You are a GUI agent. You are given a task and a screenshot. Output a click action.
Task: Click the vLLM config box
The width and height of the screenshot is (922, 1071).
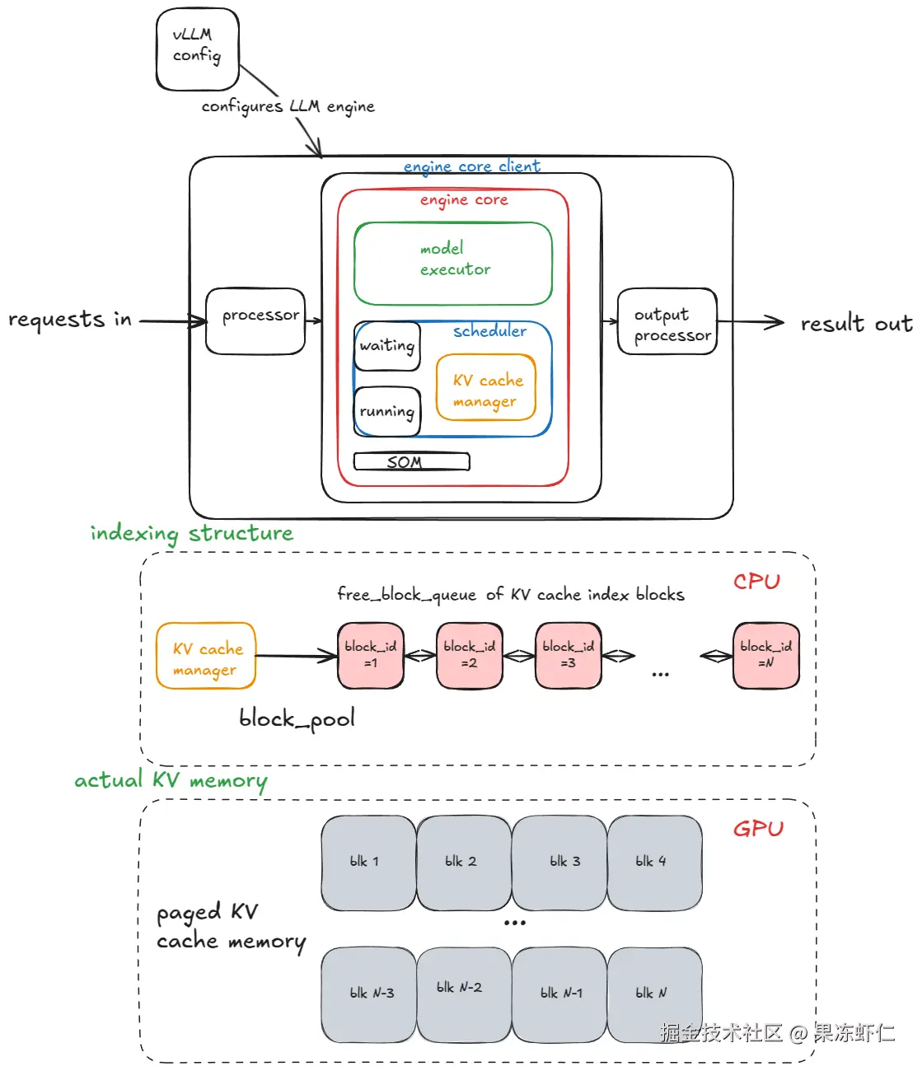point(198,49)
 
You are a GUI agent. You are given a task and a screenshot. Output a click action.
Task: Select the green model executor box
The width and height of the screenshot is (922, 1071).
point(453,263)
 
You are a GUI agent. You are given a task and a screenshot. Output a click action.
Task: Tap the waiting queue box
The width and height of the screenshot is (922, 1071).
point(387,346)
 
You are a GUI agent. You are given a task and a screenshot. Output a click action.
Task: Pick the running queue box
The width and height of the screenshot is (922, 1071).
point(387,411)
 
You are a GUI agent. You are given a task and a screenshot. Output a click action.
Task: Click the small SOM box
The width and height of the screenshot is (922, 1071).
point(411,461)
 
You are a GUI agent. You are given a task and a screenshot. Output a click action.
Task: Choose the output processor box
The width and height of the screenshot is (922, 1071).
point(667,321)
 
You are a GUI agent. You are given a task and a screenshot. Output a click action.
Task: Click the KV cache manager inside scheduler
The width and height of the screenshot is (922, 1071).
point(486,388)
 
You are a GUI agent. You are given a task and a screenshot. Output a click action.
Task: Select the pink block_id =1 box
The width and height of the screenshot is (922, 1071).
point(371,656)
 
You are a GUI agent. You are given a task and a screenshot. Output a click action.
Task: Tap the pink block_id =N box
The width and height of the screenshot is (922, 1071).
point(766,656)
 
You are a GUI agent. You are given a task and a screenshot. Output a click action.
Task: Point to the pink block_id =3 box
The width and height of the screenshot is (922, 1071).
point(569,656)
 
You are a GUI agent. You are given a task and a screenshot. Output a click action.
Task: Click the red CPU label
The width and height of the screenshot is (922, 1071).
point(756,582)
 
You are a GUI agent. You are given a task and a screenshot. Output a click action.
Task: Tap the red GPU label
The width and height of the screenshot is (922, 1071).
point(758,829)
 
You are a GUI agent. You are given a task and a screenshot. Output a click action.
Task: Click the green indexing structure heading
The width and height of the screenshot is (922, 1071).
point(191,534)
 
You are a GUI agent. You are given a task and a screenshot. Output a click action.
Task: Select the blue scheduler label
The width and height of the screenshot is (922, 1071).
point(489,331)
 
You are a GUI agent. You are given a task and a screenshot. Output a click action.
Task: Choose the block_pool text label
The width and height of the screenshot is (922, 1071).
point(297,719)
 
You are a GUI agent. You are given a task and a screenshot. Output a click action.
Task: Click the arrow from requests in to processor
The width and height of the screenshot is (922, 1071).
point(173,321)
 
